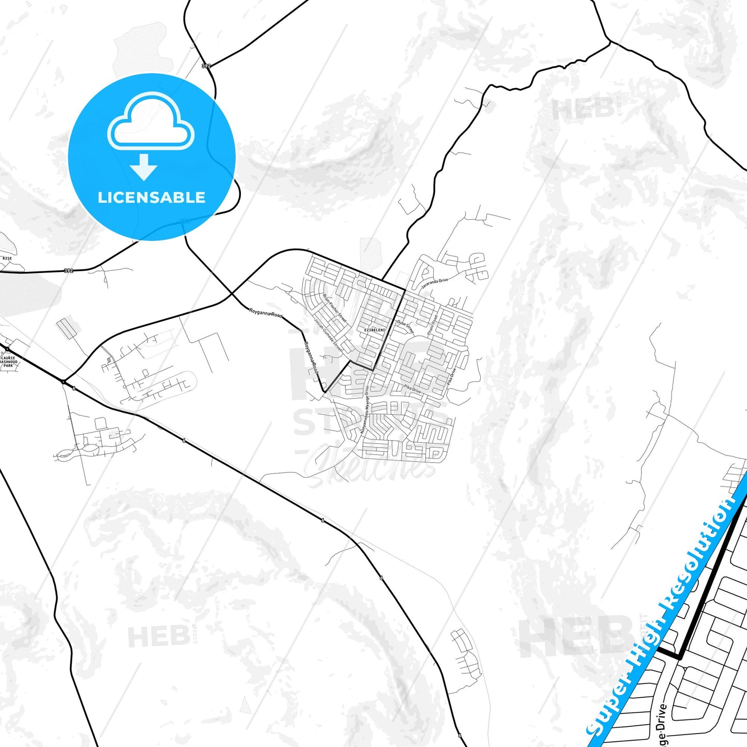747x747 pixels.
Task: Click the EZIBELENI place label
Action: (x=375, y=330)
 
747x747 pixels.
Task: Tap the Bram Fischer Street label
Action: (x=335, y=309)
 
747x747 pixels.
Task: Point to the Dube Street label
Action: (x=406, y=326)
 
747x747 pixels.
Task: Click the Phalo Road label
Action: (x=432, y=325)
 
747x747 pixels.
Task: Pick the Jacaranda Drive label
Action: (x=434, y=283)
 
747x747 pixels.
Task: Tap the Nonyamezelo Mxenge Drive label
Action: (x=365, y=409)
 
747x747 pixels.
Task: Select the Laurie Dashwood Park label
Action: (x=8, y=361)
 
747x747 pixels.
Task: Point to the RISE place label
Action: (x=7, y=258)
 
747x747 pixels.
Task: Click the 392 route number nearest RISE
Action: (x=68, y=270)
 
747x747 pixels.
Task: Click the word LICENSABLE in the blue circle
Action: (x=151, y=197)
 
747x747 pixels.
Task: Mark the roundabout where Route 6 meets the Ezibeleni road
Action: (x=63, y=382)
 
